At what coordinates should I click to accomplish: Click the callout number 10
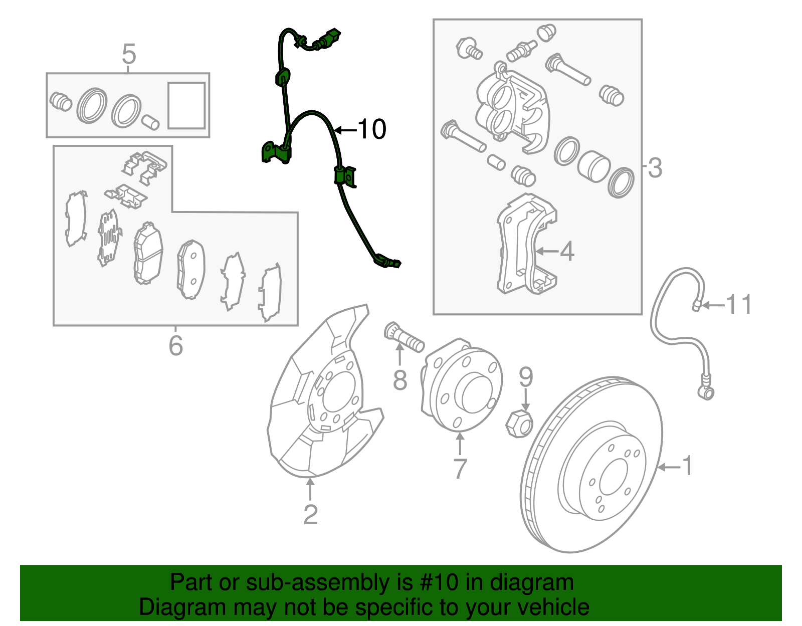click(372, 129)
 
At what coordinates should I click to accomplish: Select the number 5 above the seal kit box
click(129, 54)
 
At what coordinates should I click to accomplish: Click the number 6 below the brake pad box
click(175, 346)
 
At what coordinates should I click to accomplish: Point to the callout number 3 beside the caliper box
click(655, 168)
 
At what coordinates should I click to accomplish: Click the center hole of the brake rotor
click(613, 477)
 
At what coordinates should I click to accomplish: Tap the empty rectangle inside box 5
click(186, 106)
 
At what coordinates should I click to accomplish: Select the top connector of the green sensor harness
click(331, 38)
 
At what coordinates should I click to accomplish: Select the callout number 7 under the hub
click(460, 469)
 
